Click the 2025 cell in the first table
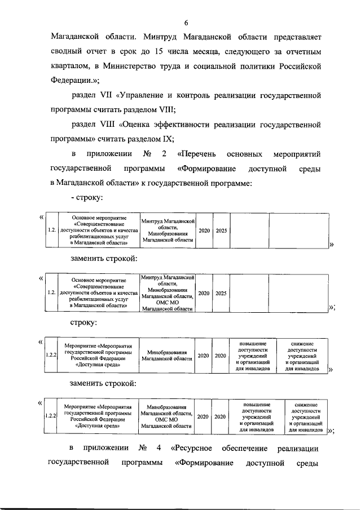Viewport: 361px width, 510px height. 221,230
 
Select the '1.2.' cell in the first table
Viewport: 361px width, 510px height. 51,230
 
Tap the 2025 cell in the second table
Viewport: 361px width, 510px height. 221,293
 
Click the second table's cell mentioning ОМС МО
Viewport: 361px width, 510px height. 168,293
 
